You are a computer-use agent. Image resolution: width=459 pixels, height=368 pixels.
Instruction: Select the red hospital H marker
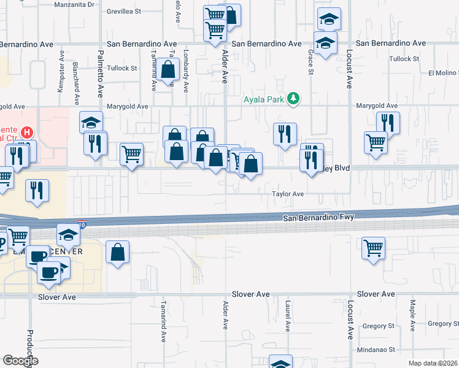click(x=27, y=132)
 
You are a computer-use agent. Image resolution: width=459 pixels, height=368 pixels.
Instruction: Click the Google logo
click(x=20, y=361)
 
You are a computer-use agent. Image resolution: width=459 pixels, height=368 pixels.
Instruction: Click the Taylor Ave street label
click(x=288, y=194)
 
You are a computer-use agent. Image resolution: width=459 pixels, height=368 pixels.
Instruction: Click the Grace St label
click(x=310, y=63)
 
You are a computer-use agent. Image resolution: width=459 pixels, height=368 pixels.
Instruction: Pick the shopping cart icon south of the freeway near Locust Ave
click(x=373, y=248)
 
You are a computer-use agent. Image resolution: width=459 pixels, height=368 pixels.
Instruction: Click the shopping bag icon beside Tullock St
click(x=168, y=69)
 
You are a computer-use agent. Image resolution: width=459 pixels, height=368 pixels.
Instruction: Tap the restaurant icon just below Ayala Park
click(x=285, y=134)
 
